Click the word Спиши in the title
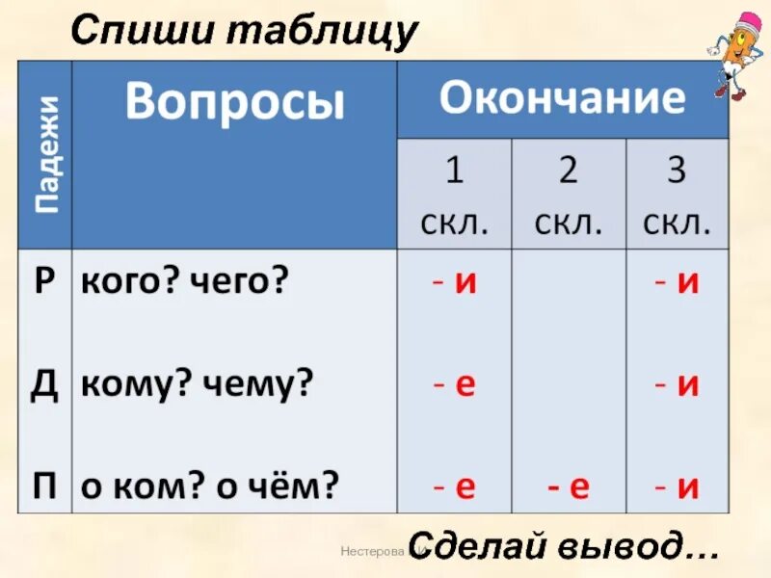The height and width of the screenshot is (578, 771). [x=144, y=32]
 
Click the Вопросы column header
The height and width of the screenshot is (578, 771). [x=234, y=101]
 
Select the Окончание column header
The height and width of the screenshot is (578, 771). [x=562, y=99]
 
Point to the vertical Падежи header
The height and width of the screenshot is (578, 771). [x=46, y=154]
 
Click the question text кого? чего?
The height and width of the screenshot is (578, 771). [x=184, y=283]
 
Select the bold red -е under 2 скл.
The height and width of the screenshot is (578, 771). [x=569, y=487]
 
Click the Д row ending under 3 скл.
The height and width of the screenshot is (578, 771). [x=677, y=385]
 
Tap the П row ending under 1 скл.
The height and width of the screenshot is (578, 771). [x=454, y=487]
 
